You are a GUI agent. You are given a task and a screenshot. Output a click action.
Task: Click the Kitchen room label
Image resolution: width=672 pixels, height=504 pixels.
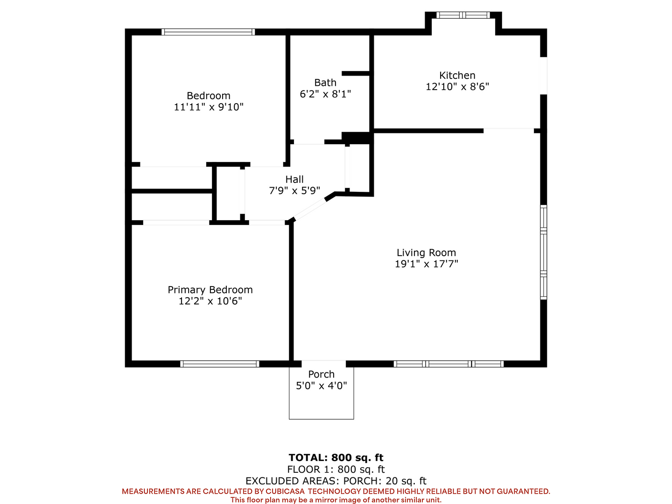pos(457,75)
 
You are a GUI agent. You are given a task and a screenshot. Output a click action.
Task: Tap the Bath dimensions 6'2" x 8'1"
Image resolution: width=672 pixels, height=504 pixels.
pos(325,94)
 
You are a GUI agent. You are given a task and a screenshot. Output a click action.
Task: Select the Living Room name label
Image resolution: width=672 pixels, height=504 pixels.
pos(426,252)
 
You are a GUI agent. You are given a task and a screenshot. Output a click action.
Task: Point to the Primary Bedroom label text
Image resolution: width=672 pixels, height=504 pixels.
pos(210,290)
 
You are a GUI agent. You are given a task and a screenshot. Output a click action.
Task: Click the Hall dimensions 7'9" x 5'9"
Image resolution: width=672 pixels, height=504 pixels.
pos(294,191)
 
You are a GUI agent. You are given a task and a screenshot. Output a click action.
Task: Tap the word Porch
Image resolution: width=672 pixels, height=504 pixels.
pos(321,374)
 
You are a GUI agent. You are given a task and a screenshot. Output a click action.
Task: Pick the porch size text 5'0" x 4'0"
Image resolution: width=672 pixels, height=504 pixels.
pos(321,385)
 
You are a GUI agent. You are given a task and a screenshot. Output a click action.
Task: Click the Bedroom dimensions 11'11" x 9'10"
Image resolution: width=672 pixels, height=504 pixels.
pos(209,107)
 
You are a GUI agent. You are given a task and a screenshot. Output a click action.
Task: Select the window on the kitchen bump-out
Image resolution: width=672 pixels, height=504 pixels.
pos(463,15)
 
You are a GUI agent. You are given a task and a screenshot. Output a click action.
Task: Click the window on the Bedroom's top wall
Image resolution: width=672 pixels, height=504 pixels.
pos(208,32)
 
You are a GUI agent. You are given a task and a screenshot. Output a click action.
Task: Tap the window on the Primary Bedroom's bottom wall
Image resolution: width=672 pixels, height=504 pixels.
pos(219,364)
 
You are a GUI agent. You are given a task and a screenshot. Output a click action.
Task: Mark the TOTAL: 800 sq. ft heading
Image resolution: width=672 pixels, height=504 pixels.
pos(336,457)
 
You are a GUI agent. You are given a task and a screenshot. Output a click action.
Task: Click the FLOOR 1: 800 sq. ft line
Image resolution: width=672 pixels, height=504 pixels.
pos(336,469)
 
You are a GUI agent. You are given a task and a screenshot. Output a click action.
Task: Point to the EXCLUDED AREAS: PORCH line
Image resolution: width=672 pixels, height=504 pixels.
pos(336,481)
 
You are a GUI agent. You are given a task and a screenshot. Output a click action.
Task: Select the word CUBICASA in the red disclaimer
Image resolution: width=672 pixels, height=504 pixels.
pos(285,491)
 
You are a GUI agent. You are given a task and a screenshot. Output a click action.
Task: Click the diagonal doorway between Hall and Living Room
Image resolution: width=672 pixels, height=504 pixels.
pos(310,210)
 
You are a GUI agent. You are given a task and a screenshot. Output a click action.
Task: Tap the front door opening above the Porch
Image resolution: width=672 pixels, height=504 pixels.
pos(323,364)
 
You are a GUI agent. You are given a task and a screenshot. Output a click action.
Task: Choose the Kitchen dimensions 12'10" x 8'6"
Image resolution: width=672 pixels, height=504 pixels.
pos(457,87)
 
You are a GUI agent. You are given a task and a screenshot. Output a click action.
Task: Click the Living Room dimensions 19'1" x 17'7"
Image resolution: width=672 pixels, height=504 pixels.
pos(426,264)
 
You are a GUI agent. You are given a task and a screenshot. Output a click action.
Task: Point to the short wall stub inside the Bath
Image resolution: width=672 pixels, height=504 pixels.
pos(357,73)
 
